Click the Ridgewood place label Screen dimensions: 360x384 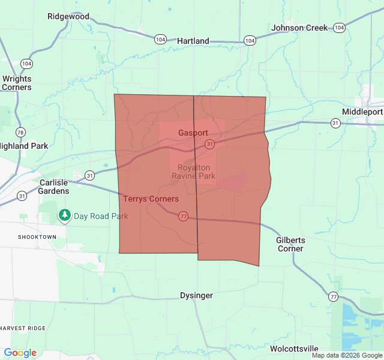(68, 16)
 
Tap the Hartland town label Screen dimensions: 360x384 (193, 41)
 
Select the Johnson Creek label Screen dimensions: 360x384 (299, 28)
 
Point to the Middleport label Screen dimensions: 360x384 (362, 112)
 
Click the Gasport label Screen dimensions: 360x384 (193, 133)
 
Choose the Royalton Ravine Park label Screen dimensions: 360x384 (193, 172)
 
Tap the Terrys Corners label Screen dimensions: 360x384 (151, 199)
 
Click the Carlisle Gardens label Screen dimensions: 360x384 (55, 187)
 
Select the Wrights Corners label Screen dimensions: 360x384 (17, 83)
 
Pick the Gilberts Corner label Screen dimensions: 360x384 (290, 244)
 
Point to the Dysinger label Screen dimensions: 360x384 (197, 295)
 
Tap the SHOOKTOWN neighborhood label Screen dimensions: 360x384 (28, 237)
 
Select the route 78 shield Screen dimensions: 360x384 (21, 132)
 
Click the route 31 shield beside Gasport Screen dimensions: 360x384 (209, 144)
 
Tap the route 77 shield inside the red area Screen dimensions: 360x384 (183, 216)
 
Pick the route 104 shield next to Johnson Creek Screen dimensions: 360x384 (340, 28)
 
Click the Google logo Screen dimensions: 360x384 (20, 353)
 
